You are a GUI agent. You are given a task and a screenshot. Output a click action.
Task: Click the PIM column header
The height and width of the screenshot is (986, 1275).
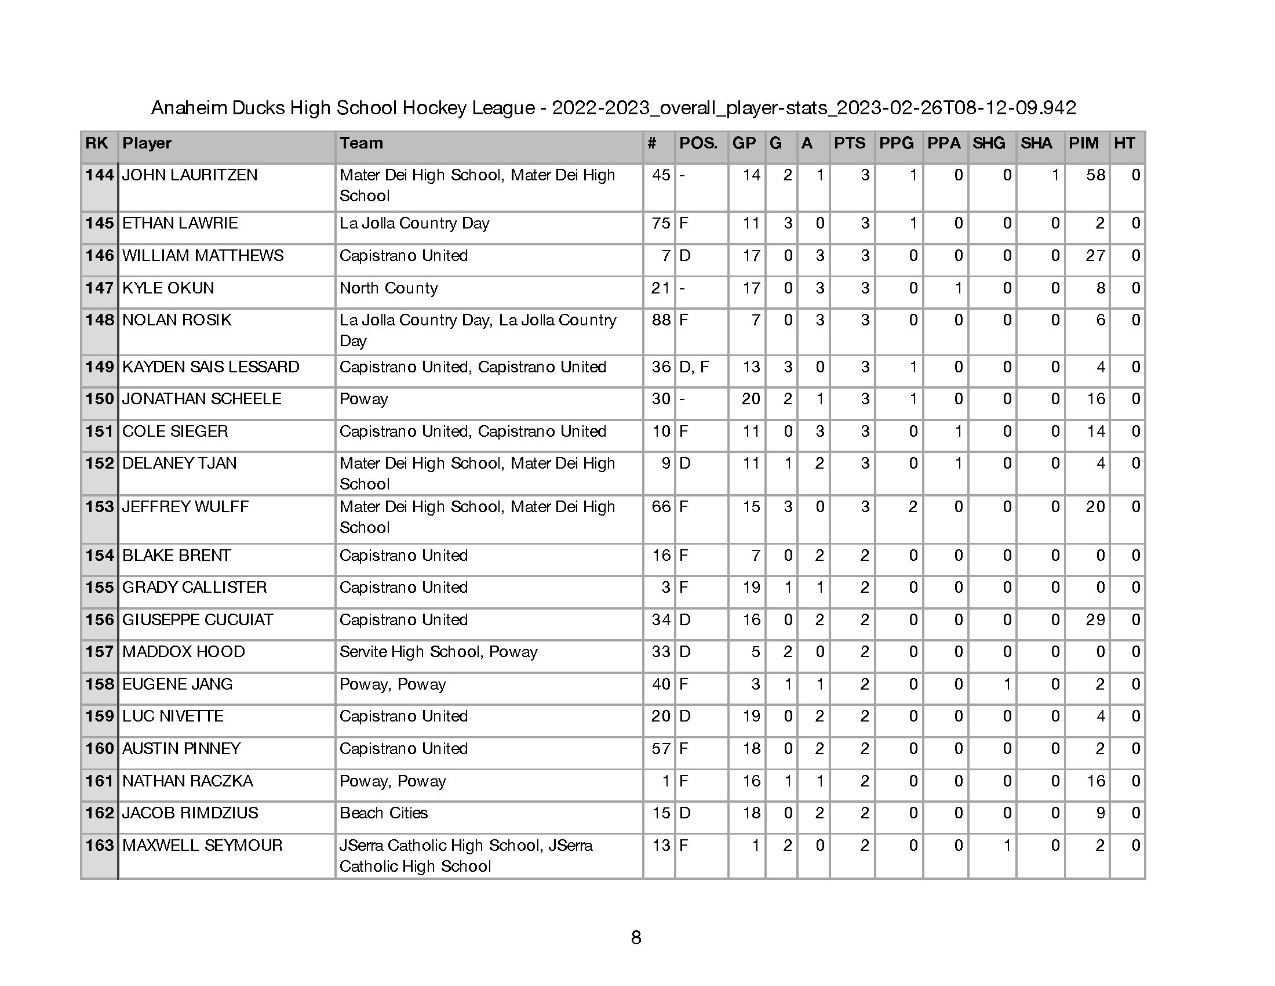1084,144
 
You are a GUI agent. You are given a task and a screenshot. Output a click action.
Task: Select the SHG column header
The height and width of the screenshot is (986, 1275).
988,144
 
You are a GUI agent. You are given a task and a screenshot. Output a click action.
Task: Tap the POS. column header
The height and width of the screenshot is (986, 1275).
698,144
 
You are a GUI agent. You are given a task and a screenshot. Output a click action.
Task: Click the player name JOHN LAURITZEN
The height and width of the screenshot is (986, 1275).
190,175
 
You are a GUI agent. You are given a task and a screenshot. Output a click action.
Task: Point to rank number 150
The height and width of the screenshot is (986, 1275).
99,399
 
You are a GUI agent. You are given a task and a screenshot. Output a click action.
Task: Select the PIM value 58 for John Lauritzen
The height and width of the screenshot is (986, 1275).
1095,175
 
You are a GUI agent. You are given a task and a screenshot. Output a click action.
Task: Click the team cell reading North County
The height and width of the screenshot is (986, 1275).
389,288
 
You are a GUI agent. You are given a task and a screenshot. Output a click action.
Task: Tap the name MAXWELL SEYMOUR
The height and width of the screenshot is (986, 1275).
202,845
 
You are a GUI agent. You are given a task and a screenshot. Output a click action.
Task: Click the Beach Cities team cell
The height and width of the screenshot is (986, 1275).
384,813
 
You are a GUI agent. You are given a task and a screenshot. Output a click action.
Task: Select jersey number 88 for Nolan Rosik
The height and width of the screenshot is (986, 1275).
661,320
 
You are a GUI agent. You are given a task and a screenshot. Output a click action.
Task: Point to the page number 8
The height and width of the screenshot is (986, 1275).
636,937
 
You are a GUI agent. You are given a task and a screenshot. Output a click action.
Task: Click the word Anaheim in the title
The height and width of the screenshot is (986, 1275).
188,108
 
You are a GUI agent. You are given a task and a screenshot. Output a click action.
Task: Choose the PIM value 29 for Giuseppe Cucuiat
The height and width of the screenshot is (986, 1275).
1095,620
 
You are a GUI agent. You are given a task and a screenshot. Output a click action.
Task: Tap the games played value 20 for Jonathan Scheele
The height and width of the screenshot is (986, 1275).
751,399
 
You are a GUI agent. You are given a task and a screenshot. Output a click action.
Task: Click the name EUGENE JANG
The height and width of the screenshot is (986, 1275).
177,684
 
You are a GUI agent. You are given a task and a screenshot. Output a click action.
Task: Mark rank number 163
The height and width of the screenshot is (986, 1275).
99,845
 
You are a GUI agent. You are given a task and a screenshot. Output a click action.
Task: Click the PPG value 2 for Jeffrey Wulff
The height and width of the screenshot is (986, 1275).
913,507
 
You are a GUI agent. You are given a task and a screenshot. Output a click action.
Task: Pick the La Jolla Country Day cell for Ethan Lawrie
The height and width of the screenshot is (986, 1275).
414,223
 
